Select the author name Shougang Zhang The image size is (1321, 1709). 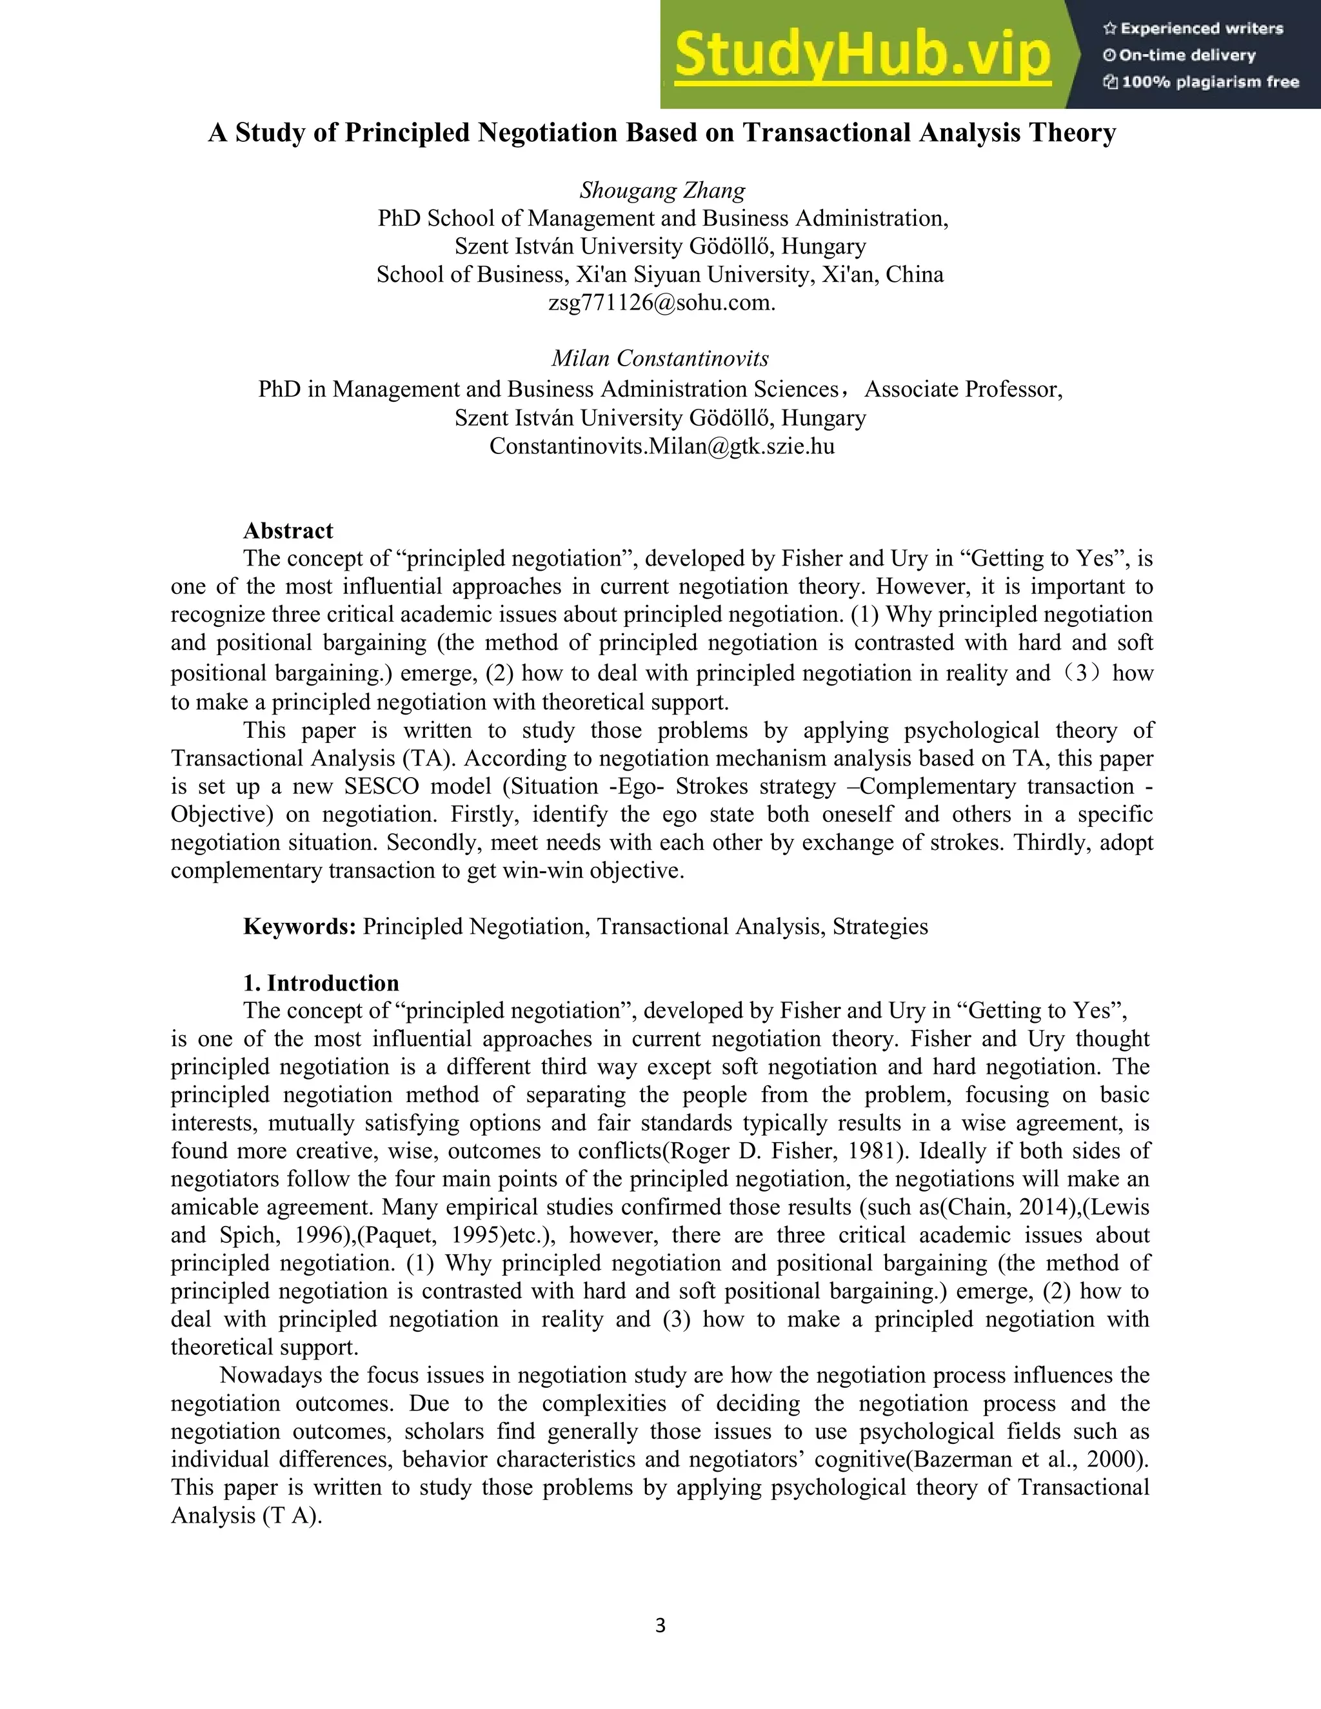[662, 190]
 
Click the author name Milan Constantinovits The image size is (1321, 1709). [660, 359]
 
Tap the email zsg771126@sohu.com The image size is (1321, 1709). [661, 303]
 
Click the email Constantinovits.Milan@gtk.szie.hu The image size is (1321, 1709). [661, 446]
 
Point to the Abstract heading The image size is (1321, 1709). [288, 531]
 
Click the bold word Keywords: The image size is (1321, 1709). [300, 927]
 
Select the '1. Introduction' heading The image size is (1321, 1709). [321, 983]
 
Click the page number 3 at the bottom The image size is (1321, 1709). [660, 1626]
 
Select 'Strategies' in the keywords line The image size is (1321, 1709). [880, 927]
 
